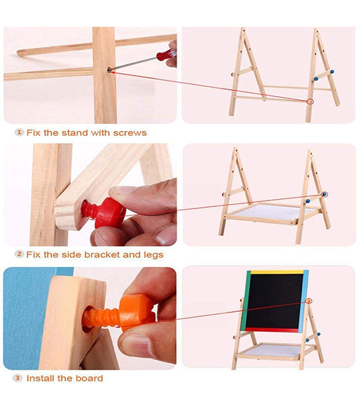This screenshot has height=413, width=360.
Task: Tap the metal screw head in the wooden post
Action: click(109, 69)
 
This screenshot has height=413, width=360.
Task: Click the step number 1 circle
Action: click(19, 132)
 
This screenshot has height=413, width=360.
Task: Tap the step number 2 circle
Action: click(19, 254)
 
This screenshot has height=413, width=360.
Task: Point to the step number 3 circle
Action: click(17, 378)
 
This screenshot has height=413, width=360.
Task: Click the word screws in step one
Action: click(129, 133)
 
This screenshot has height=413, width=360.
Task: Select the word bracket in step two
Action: click(102, 254)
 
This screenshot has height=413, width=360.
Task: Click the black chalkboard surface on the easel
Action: click(275, 300)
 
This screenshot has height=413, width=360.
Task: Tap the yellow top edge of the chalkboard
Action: click(277, 272)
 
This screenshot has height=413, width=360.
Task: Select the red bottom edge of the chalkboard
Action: click(272, 330)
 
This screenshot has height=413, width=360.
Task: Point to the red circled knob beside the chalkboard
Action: click(309, 301)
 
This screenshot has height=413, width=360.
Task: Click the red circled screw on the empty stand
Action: click(311, 101)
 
